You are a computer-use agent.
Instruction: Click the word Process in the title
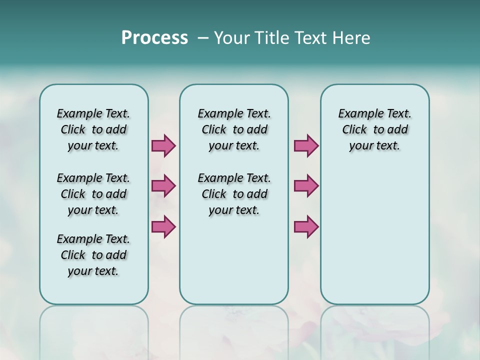pyautogui.click(x=154, y=38)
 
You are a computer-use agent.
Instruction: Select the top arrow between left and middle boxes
pyautogui.click(x=163, y=145)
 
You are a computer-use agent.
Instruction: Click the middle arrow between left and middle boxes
pyautogui.click(x=163, y=186)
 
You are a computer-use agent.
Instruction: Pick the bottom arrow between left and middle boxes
pyautogui.click(x=163, y=226)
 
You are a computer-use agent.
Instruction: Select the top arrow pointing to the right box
pyautogui.click(x=306, y=145)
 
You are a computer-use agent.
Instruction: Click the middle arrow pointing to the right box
pyautogui.click(x=306, y=186)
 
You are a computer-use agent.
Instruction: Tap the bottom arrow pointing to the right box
pyautogui.click(x=306, y=226)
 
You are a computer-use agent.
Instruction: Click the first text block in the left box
pyautogui.click(x=93, y=129)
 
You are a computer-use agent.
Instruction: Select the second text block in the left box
pyautogui.click(x=93, y=194)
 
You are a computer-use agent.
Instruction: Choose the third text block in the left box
pyautogui.click(x=93, y=255)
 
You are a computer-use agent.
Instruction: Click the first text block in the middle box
pyautogui.click(x=234, y=129)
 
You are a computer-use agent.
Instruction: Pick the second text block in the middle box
pyautogui.click(x=234, y=194)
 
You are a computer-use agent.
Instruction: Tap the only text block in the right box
pyautogui.click(x=375, y=129)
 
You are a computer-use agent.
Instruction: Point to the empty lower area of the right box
pyautogui.click(x=375, y=240)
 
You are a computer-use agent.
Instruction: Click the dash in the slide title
pyautogui.click(x=203, y=38)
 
